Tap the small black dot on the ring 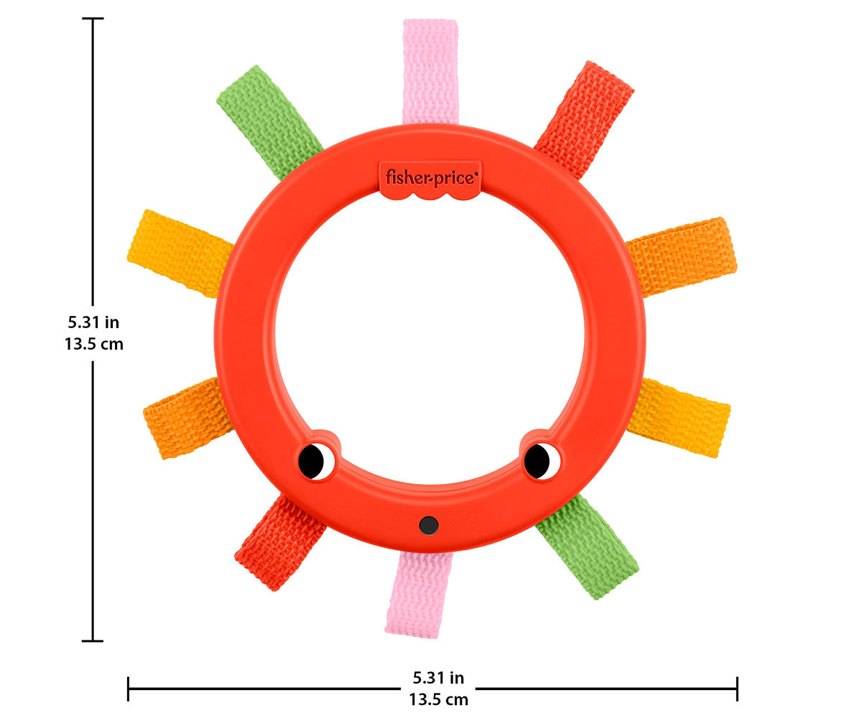[429, 526]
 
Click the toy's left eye [316, 462]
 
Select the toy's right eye [542, 461]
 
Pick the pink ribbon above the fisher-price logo [430, 71]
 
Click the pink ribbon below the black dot [418, 595]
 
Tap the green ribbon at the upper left [269, 122]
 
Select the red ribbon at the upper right [584, 120]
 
